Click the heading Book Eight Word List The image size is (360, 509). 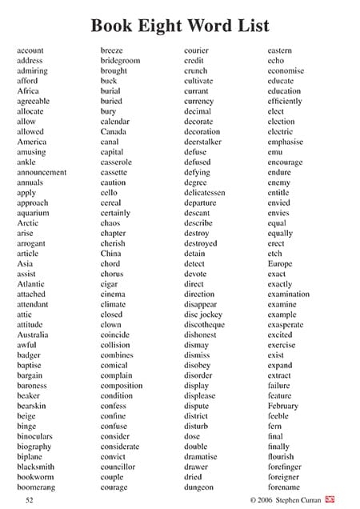(179, 25)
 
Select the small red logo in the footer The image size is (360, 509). (330, 499)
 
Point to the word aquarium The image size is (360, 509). (33, 213)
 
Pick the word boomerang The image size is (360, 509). (36, 487)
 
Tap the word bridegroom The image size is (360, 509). (120, 61)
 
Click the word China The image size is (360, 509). (111, 254)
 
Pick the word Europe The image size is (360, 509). (280, 264)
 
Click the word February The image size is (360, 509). (283, 406)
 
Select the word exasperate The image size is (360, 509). (286, 325)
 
